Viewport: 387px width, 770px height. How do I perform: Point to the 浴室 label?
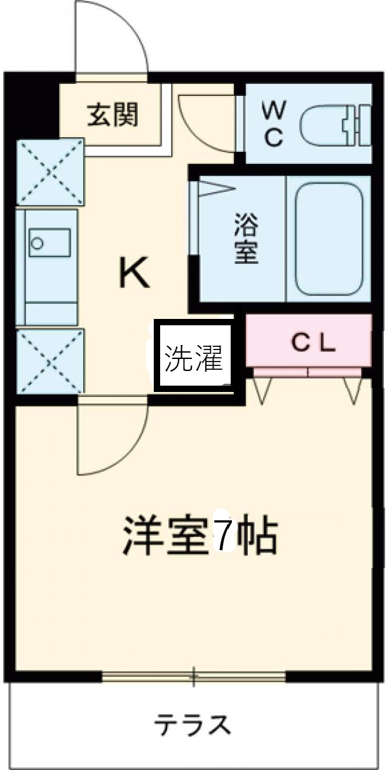tap(246, 238)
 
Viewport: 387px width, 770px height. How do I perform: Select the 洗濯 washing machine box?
tap(194, 358)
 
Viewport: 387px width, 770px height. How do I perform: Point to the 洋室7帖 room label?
tap(200, 537)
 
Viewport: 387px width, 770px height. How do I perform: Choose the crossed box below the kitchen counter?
tap(49, 360)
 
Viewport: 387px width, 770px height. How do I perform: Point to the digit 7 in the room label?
tap(223, 537)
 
